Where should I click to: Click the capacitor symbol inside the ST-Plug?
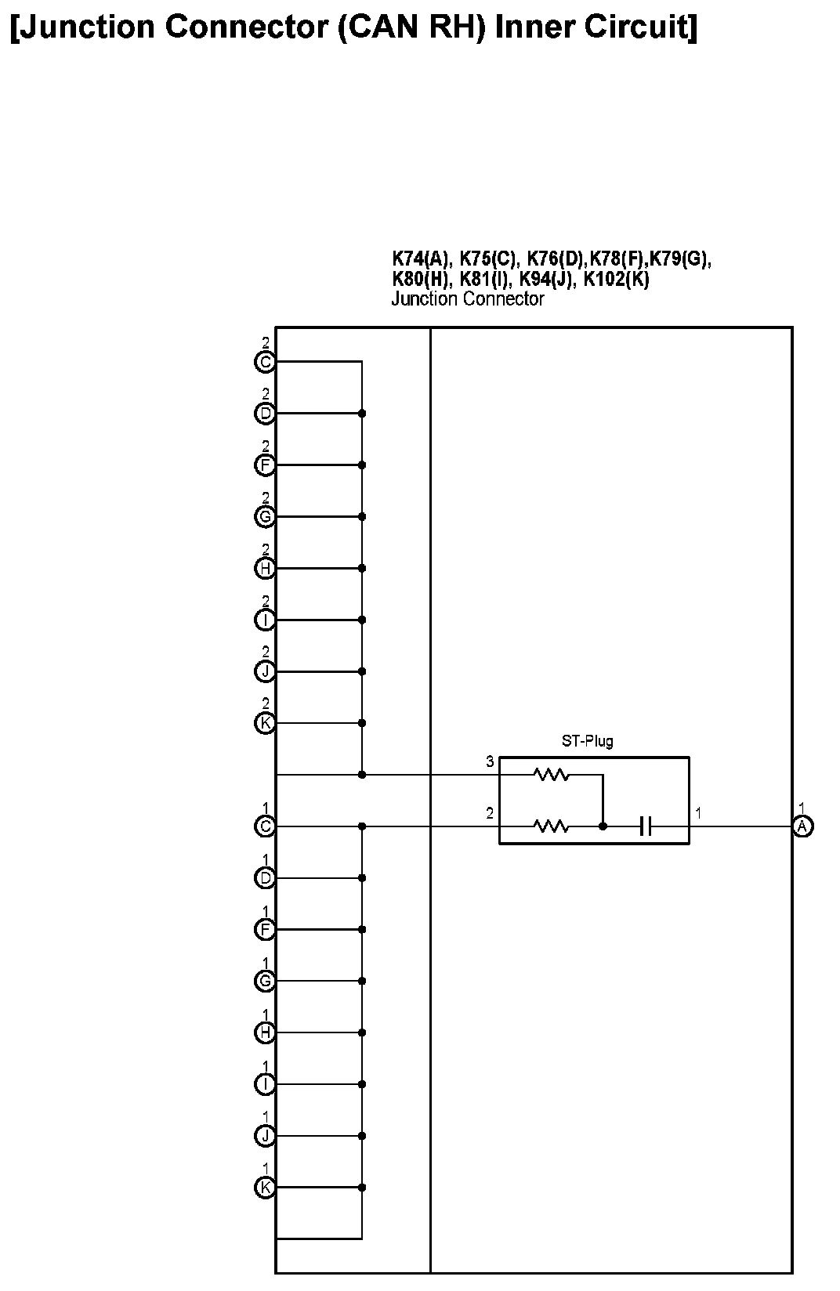(x=646, y=826)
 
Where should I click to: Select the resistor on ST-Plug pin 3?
(x=551, y=775)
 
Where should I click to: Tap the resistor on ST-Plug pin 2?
(x=551, y=826)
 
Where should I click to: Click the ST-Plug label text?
(x=587, y=741)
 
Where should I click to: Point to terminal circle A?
(x=802, y=826)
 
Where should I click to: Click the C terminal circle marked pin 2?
(x=266, y=362)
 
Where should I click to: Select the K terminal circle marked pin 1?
(x=266, y=1188)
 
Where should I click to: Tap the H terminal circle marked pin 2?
(x=266, y=568)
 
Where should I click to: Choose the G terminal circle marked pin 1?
(x=266, y=981)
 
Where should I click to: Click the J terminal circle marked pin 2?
(x=266, y=671)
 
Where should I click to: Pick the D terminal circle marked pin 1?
(x=266, y=878)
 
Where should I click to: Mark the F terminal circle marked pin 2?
(x=266, y=465)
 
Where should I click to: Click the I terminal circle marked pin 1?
(x=266, y=1084)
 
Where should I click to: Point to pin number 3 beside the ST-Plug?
(x=490, y=761)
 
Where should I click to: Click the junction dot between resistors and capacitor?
(x=603, y=826)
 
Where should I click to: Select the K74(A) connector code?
(x=421, y=259)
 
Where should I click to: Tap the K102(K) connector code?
(x=616, y=279)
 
